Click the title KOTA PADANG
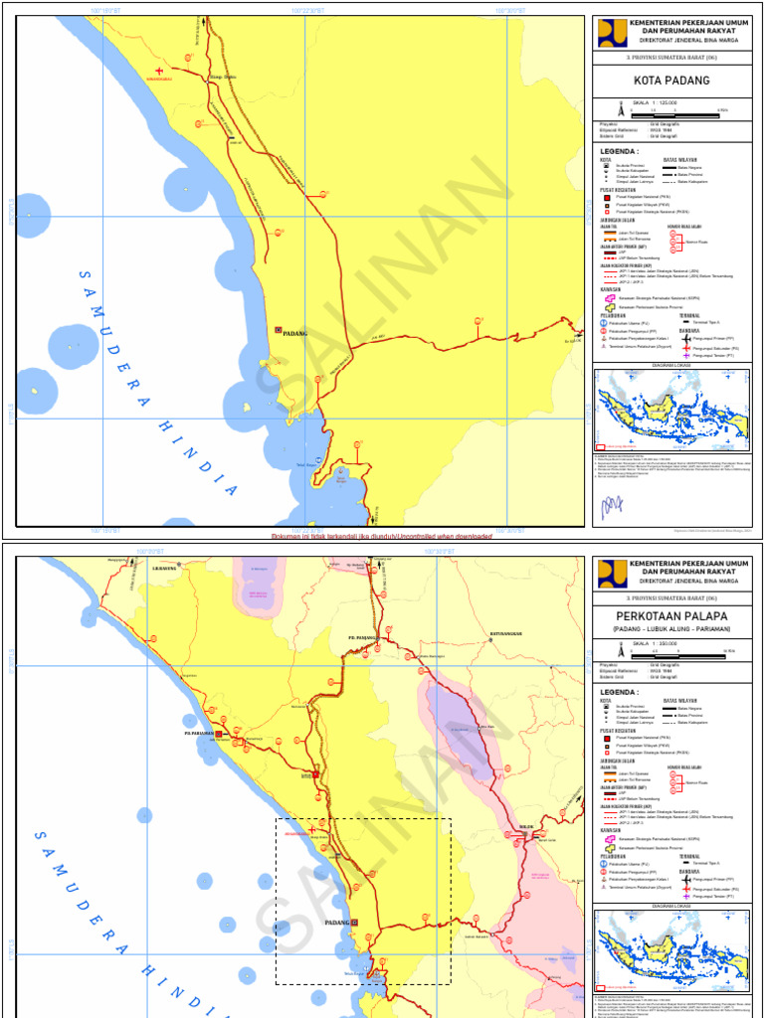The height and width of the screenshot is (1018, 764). pos(671,81)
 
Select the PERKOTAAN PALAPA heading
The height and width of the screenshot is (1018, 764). pos(671,615)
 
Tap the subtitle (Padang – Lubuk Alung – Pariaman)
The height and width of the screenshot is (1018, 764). pos(671,630)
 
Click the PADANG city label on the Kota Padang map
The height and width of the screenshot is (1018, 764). pos(295,334)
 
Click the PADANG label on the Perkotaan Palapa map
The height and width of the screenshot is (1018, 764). pos(337,923)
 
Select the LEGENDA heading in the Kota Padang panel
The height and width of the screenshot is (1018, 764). pos(619,152)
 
